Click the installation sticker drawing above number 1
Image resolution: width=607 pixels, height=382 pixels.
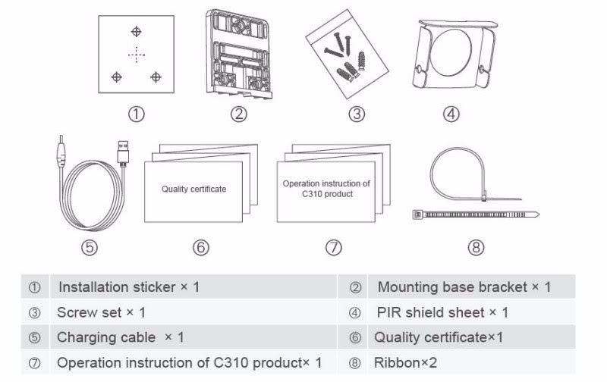pos(137,54)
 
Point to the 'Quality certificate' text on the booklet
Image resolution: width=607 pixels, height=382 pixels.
pos(193,189)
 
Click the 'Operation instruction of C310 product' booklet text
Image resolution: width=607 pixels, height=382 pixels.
pos(326,188)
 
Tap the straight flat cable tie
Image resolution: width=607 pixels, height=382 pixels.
pos(475,215)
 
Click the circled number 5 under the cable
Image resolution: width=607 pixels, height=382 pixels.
pos(90,247)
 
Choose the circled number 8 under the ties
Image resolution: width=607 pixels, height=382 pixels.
pos(476,247)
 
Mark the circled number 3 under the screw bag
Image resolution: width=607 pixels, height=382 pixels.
pos(357,114)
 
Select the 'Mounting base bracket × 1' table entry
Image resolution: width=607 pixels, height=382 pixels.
pos(464,287)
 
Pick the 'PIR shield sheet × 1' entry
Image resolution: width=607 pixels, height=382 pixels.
pos(442,312)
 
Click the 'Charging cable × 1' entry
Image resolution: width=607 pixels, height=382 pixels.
pos(120,337)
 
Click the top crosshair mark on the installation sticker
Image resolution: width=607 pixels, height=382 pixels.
pos(136,31)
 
